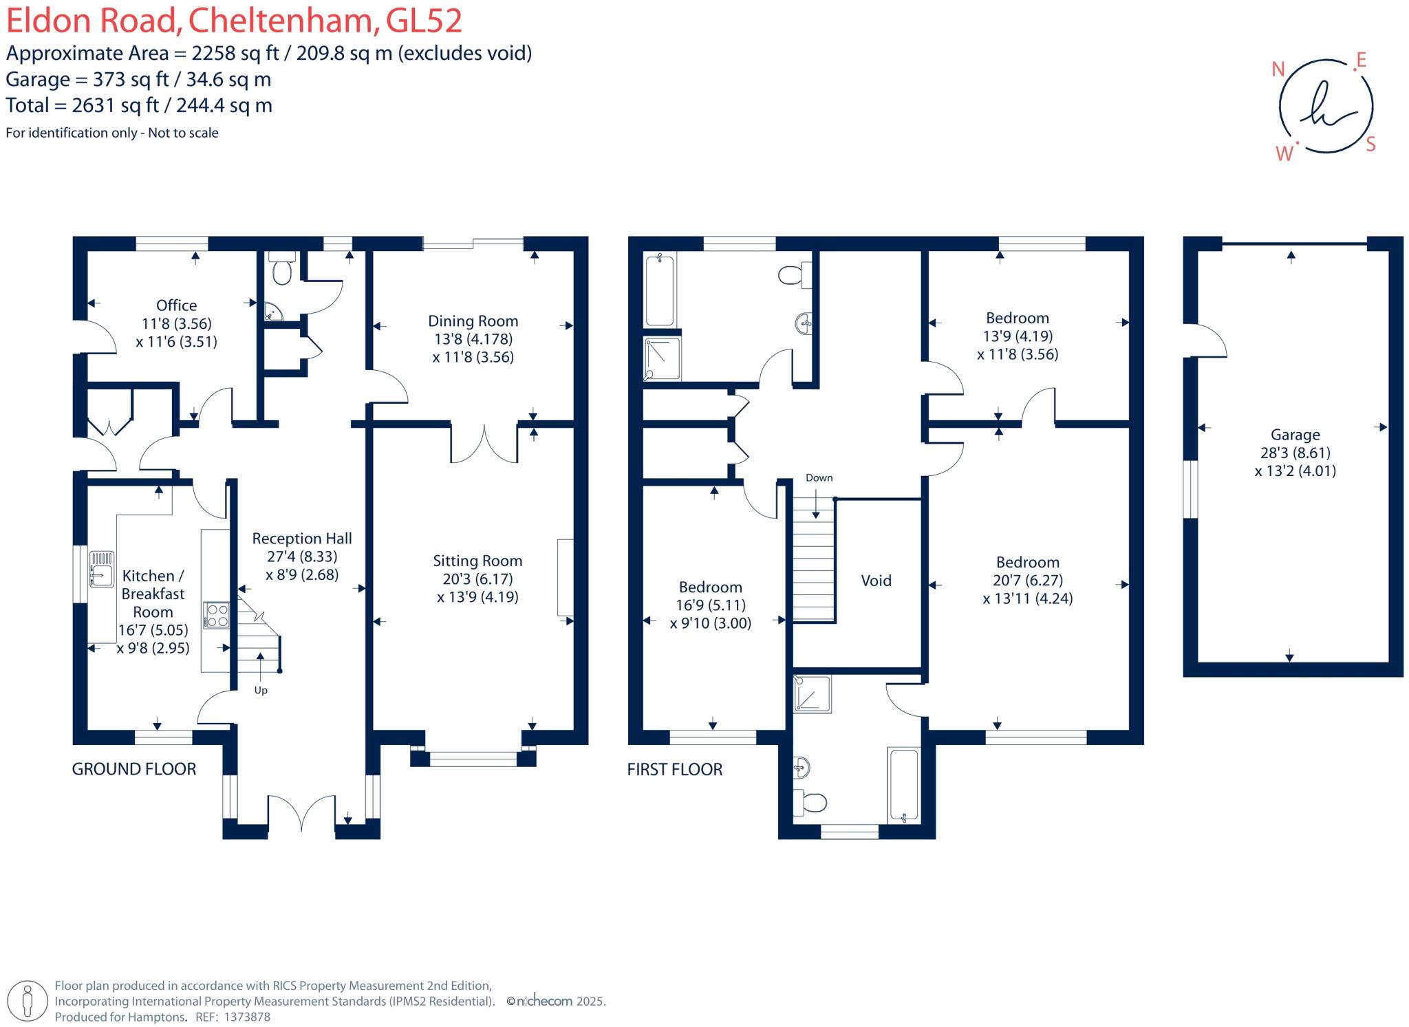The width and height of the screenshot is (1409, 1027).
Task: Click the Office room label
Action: [x=176, y=305]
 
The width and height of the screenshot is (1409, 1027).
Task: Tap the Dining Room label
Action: [x=473, y=321]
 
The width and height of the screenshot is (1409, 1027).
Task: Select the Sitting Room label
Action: [x=477, y=561]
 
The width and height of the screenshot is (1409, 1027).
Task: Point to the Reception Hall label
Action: [x=302, y=539]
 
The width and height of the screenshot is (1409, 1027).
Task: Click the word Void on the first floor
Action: [x=876, y=581]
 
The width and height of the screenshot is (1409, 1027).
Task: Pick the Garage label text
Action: [x=1295, y=435]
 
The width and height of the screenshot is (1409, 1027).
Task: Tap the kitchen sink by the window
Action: [x=101, y=569]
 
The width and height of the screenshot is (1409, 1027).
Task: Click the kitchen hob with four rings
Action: [x=216, y=615]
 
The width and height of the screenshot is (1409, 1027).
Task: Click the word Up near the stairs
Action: [x=261, y=690]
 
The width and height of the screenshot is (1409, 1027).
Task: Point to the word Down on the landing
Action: [x=819, y=477]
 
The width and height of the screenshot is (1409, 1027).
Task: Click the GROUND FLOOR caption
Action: [x=134, y=769]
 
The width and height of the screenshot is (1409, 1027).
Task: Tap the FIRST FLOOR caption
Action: [x=674, y=769]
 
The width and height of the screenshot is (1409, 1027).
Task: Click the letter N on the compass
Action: [x=1278, y=69]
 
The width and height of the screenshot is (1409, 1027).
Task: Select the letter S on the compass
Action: [x=1370, y=144]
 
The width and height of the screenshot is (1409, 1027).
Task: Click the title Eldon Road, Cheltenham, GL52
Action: [x=234, y=21]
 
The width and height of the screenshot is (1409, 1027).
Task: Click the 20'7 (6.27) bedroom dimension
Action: [x=1027, y=581]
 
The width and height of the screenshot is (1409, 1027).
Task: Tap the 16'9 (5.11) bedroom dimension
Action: [x=710, y=605]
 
